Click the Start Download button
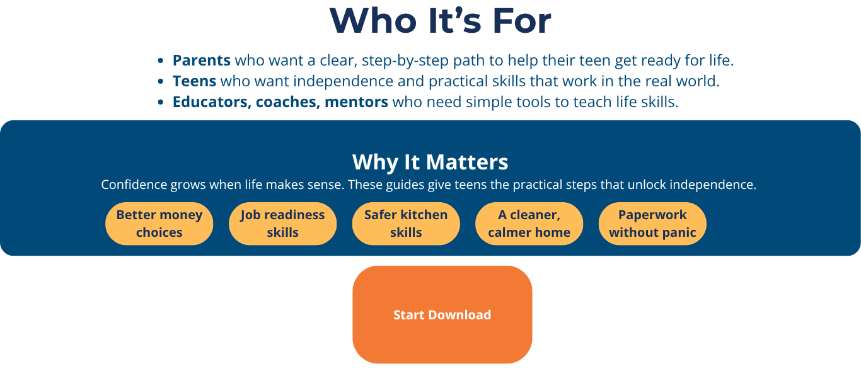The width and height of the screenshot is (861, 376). click(442, 314)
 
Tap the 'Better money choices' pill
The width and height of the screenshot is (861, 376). click(159, 224)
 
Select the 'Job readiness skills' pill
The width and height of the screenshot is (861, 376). click(282, 224)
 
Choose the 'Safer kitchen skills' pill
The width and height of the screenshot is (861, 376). click(406, 224)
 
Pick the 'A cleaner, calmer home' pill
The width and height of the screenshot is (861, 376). click(529, 224)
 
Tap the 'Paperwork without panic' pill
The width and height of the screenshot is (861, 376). click(652, 224)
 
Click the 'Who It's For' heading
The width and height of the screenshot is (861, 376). click(441, 21)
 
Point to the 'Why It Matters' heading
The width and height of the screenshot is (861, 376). click(430, 162)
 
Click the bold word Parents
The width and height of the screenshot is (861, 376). click(202, 60)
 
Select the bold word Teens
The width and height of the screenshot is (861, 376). click(194, 81)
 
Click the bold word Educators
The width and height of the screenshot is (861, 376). click(212, 102)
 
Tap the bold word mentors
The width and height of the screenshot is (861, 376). click(356, 102)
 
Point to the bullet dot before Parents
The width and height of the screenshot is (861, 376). click(161, 60)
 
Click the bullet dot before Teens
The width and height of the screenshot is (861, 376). click(161, 81)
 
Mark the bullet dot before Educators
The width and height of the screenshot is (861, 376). click(161, 102)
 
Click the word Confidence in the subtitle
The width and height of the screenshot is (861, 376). click(134, 185)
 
